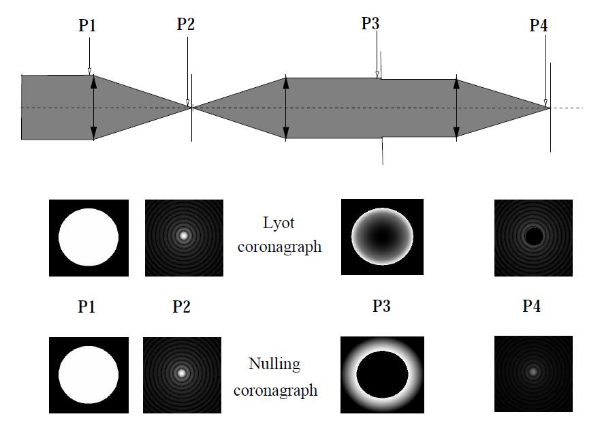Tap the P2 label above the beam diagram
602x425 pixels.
(x=186, y=25)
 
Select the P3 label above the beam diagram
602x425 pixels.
(x=370, y=25)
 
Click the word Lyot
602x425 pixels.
(x=279, y=222)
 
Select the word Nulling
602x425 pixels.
(x=274, y=364)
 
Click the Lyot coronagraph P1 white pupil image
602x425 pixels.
(x=89, y=238)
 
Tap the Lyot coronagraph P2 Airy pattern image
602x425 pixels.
(x=184, y=238)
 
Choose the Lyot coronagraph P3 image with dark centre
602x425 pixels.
(x=382, y=238)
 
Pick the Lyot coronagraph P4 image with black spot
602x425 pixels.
(x=533, y=238)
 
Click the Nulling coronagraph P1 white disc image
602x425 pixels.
(x=89, y=375)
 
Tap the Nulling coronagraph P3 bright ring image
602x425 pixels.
(x=381, y=375)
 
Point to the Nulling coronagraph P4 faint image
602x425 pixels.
(x=533, y=373)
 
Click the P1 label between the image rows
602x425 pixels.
(x=86, y=306)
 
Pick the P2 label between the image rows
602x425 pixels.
(x=181, y=306)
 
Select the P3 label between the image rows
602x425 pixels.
(x=381, y=306)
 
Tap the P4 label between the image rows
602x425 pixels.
(x=532, y=306)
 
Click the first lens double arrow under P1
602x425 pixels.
(x=94, y=108)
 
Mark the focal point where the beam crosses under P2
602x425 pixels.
(x=191, y=108)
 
